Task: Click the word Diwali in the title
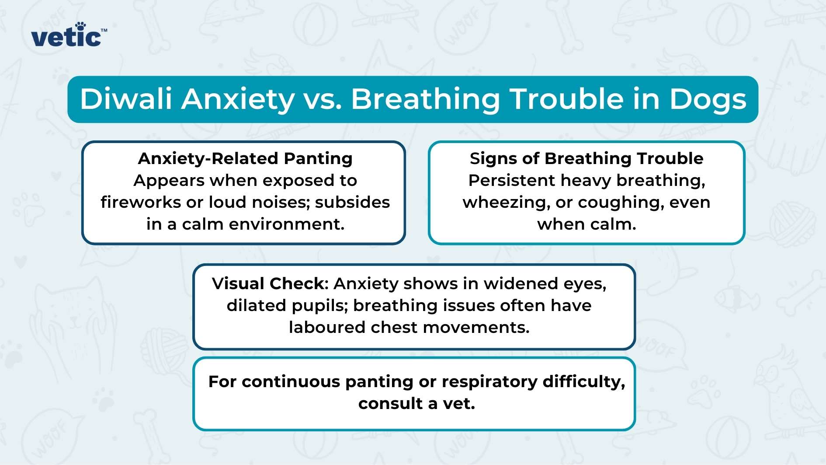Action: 126,99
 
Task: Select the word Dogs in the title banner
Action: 708,99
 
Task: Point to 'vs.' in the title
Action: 323,99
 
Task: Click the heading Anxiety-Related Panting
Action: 245,158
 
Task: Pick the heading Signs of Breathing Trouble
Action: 587,158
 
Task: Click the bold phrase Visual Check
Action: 268,283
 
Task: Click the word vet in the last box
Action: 458,403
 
